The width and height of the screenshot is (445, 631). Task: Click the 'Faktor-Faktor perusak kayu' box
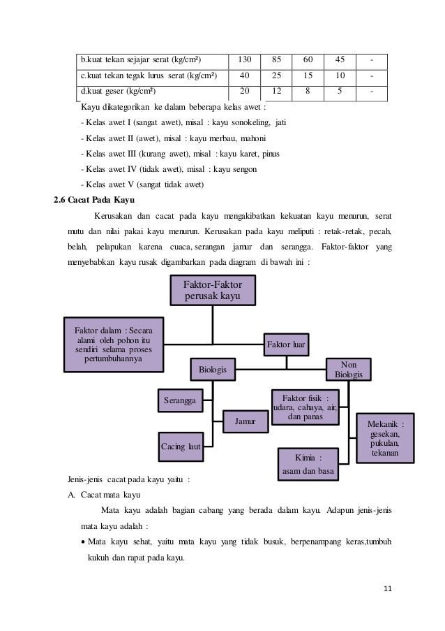(x=213, y=290)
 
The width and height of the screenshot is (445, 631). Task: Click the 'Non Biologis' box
(x=349, y=370)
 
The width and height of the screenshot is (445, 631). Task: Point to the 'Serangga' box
(x=179, y=400)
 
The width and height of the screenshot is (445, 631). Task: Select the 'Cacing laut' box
(x=179, y=445)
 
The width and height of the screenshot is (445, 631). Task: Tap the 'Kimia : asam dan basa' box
(x=308, y=465)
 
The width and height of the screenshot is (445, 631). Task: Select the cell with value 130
(x=244, y=58)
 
